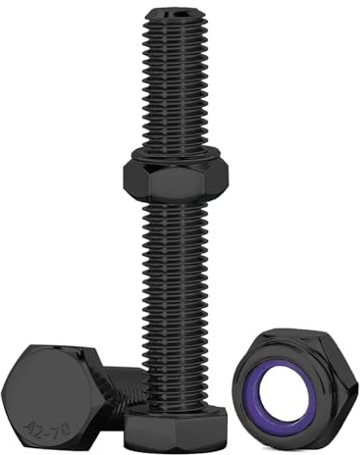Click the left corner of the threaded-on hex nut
point(125,176)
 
